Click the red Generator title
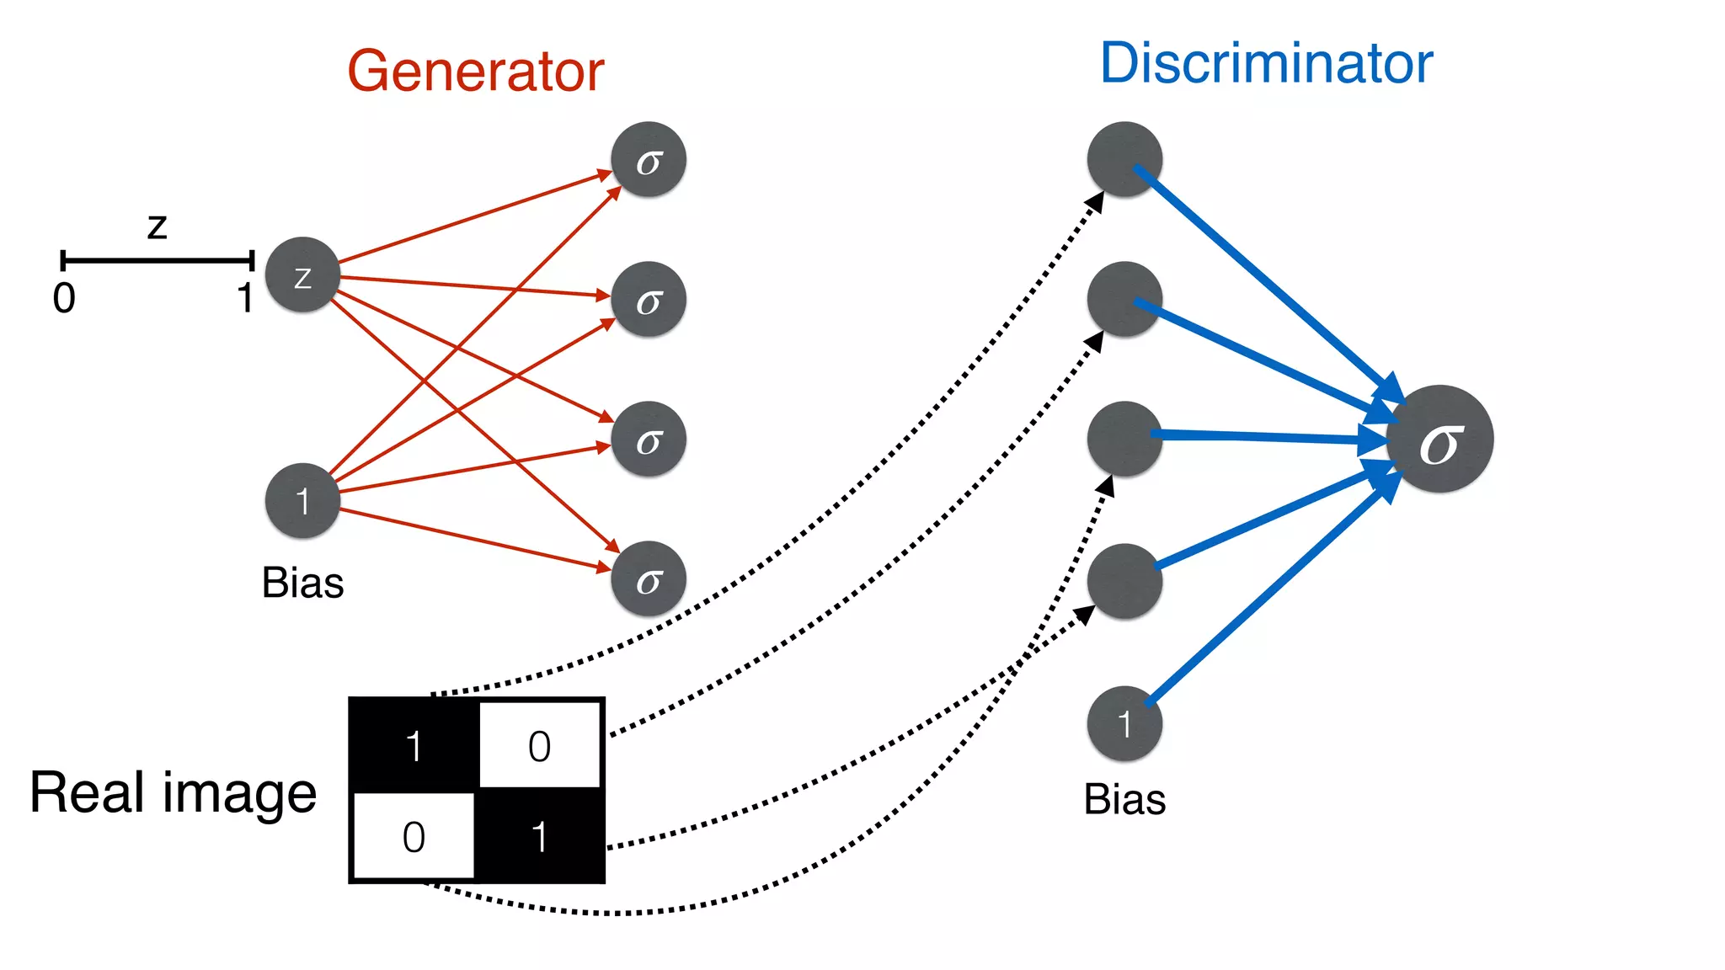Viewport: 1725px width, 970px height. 476,72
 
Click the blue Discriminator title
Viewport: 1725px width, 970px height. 1266,64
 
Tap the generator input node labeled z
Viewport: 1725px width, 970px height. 302,274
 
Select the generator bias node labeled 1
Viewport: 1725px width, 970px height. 302,501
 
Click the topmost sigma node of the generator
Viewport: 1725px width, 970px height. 649,160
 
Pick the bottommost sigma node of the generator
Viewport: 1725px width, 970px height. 649,579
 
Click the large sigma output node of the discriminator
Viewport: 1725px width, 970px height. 1440,440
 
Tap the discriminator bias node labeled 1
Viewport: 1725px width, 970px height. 1124,723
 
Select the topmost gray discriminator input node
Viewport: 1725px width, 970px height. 1124,160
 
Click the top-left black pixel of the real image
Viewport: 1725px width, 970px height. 414,745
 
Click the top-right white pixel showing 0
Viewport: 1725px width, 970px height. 540,746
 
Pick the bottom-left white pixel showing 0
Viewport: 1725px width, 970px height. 414,836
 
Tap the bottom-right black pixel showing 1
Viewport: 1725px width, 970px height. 540,836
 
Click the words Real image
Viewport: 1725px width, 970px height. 173,793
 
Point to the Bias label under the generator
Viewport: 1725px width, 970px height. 302,583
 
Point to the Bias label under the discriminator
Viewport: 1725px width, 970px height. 1124,799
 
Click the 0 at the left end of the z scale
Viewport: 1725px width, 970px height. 64,298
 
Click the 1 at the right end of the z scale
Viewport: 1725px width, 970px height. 245,298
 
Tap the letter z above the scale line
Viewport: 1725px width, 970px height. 158,227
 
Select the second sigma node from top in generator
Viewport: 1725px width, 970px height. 649,300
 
